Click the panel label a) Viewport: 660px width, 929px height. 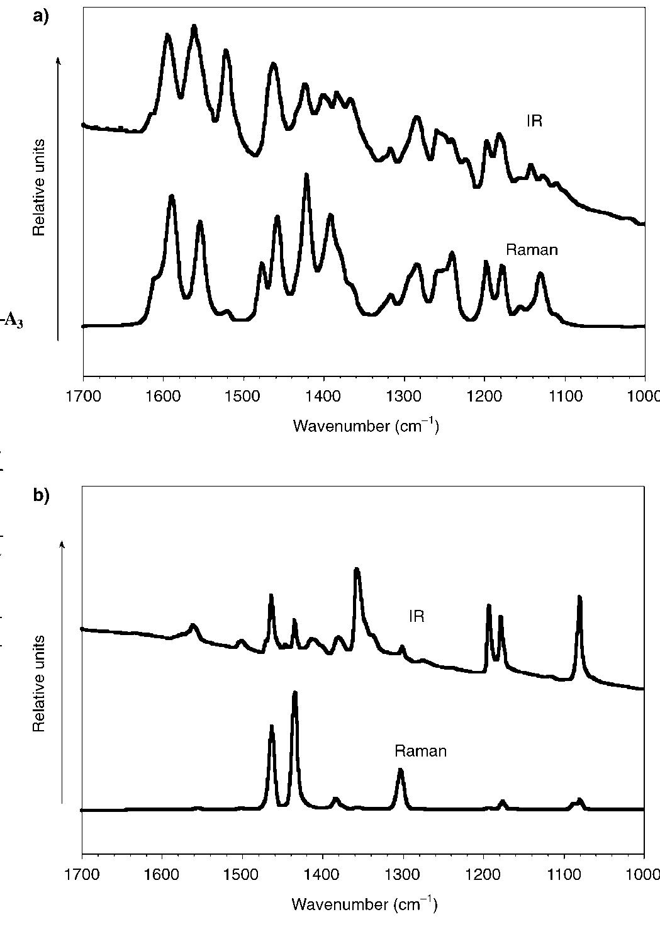click(40, 17)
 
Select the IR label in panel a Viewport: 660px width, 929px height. click(534, 121)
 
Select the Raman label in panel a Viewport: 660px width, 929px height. click(532, 250)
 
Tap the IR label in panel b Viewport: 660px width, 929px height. click(417, 616)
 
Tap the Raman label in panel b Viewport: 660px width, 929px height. click(420, 751)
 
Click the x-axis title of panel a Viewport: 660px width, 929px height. click(366, 426)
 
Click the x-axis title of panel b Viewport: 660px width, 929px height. click(364, 904)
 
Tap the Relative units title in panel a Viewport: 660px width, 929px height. click(40, 186)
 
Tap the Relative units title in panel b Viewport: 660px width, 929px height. click(40, 683)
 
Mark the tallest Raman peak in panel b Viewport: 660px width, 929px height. click(294, 694)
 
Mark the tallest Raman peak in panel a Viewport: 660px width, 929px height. click(306, 176)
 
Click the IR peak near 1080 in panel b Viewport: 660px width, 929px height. click(579, 598)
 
